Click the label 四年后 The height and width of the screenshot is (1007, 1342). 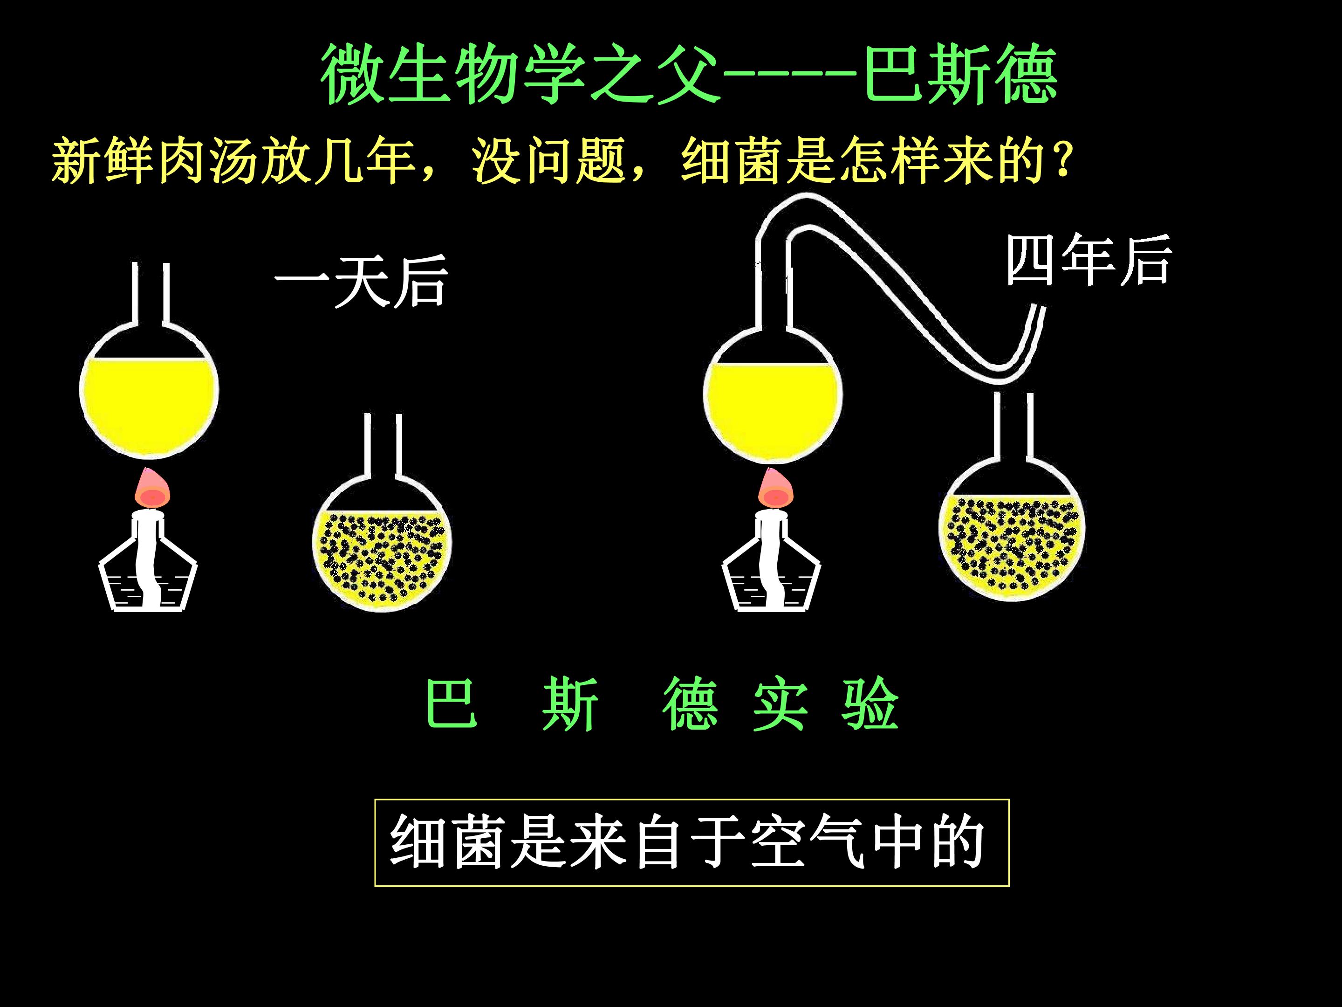[x=1089, y=261]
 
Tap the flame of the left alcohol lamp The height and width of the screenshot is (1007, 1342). [x=152, y=489]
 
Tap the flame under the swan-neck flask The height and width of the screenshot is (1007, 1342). [x=776, y=489]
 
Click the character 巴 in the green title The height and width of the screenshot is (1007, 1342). [x=894, y=74]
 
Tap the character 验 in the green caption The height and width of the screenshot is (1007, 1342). [x=870, y=704]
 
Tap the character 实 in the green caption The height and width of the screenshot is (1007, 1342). [x=780, y=704]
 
